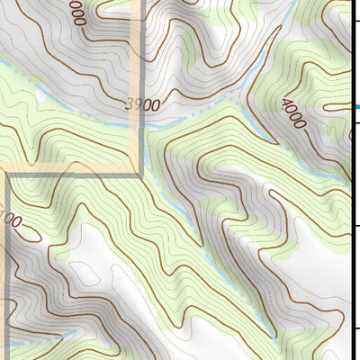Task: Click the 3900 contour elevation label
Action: pos(144,104)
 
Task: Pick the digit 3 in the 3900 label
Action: pos(130,104)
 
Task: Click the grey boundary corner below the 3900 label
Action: pos(140,173)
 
